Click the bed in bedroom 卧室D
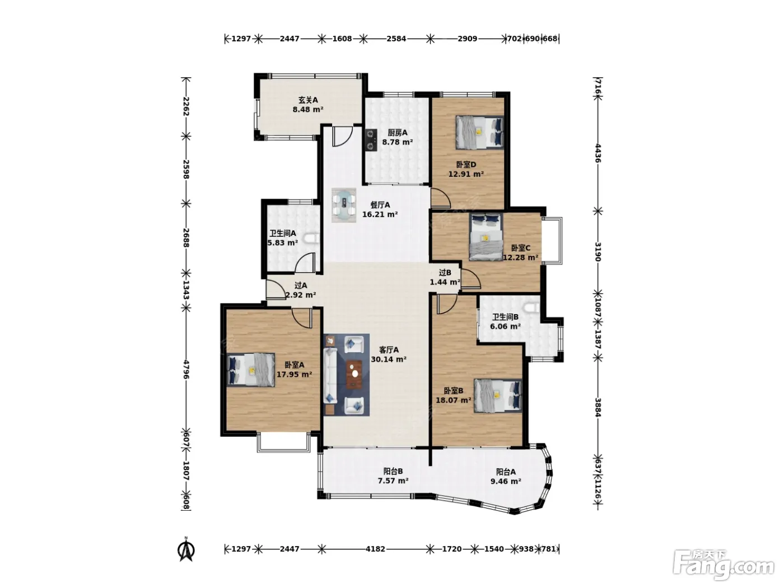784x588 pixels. tap(479, 132)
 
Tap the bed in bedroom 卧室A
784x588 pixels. tap(251, 370)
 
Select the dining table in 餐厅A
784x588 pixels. tap(344, 206)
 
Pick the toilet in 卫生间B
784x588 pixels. tap(533, 306)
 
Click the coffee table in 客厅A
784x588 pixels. tap(354, 374)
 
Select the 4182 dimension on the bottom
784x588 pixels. tap(375, 549)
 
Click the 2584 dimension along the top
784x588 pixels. tap(396, 38)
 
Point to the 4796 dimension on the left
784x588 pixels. tap(186, 370)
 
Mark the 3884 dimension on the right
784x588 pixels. tap(598, 408)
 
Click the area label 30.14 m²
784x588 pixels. tap(389, 360)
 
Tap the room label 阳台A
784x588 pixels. tap(506, 472)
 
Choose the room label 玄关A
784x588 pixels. tap(308, 100)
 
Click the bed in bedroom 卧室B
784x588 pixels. tap(498, 395)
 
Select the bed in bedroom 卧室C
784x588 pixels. tap(486, 237)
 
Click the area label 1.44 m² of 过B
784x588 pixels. tap(445, 282)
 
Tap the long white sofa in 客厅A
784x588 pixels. tap(330, 376)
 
